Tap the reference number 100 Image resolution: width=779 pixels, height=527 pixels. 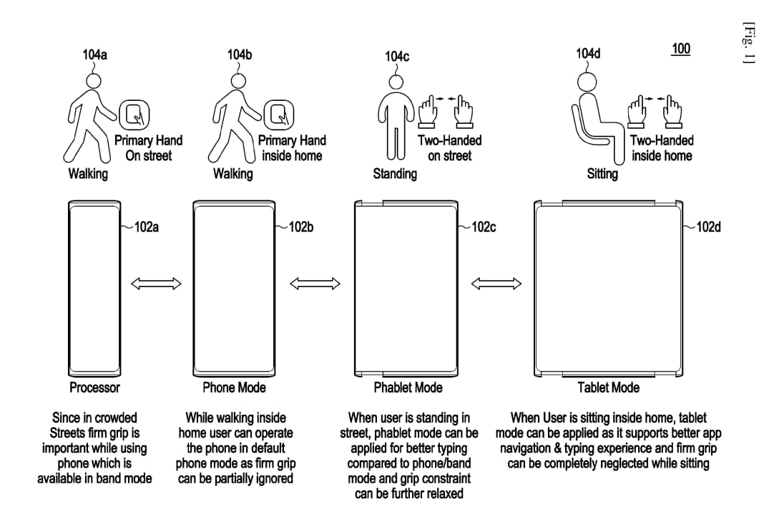coord(680,49)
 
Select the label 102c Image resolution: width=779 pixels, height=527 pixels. coord(484,227)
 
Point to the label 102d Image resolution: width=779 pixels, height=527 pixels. coord(708,227)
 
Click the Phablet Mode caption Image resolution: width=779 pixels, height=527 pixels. coord(408,387)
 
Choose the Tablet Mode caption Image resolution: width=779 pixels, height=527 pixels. coord(608,387)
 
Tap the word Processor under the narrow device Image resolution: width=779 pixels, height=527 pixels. coord(94,387)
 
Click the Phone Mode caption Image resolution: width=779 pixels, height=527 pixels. coord(234,387)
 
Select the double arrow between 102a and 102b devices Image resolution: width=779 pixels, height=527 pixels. coord(155,284)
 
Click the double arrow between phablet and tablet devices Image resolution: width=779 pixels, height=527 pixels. coord(496,284)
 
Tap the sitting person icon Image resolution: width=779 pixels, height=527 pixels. coord(592,118)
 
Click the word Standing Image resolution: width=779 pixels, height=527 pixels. coord(395,174)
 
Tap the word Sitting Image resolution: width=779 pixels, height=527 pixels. coord(602,174)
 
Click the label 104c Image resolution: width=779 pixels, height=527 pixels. coord(397,56)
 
